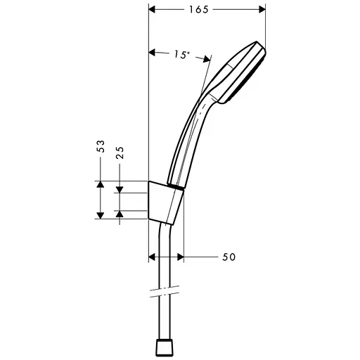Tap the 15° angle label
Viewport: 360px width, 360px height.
(x=181, y=54)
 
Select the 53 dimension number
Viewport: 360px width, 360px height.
(x=101, y=146)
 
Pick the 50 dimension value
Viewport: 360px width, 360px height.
(x=229, y=257)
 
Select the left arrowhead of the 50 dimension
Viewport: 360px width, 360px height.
(x=154, y=257)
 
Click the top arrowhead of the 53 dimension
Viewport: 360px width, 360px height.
(x=101, y=185)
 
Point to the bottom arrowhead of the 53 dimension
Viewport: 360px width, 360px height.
(x=101, y=214)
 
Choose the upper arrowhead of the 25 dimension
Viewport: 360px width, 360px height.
(x=120, y=188)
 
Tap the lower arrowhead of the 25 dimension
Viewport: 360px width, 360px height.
(x=120, y=212)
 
